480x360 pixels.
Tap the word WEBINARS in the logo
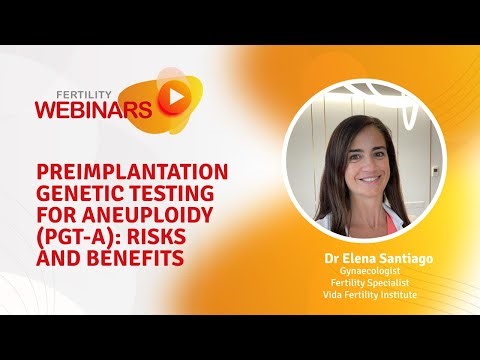(x=95, y=107)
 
